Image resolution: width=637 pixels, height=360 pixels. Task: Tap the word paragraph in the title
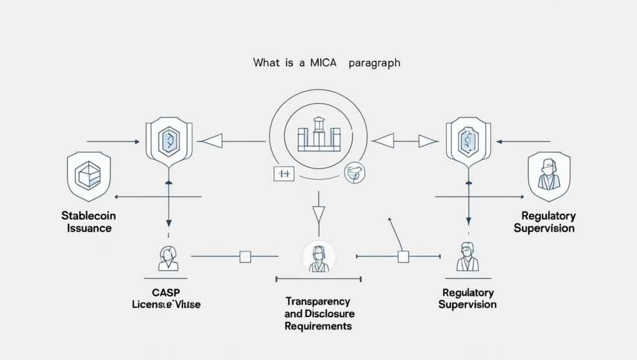point(375,63)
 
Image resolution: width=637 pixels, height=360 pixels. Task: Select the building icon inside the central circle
point(319,133)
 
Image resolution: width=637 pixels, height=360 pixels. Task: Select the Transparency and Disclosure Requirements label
point(318,313)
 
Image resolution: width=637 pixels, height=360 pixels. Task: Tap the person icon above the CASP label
point(167,258)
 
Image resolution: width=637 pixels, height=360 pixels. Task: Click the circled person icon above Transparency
point(318,257)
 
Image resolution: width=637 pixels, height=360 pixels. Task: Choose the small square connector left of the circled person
point(245,256)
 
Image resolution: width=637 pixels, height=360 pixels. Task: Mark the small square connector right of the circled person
point(403,256)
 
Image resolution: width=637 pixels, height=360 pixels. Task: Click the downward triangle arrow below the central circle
point(318,215)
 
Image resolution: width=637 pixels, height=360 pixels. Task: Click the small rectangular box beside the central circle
point(284,175)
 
